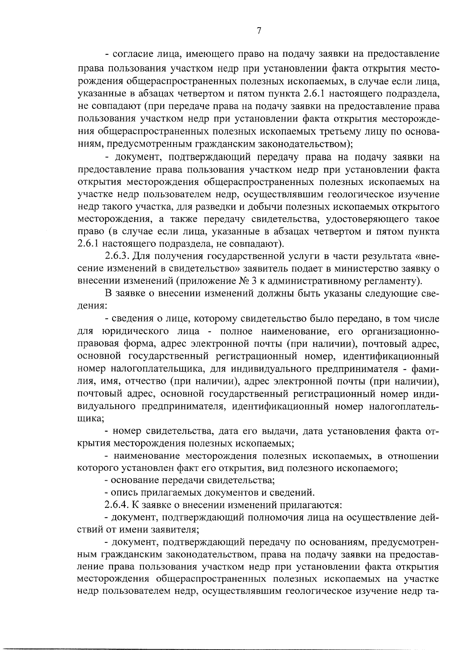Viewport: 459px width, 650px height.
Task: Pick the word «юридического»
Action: [x=136, y=331]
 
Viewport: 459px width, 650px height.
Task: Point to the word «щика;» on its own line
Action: [x=90, y=418]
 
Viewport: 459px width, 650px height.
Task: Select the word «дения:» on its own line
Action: [x=92, y=306]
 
